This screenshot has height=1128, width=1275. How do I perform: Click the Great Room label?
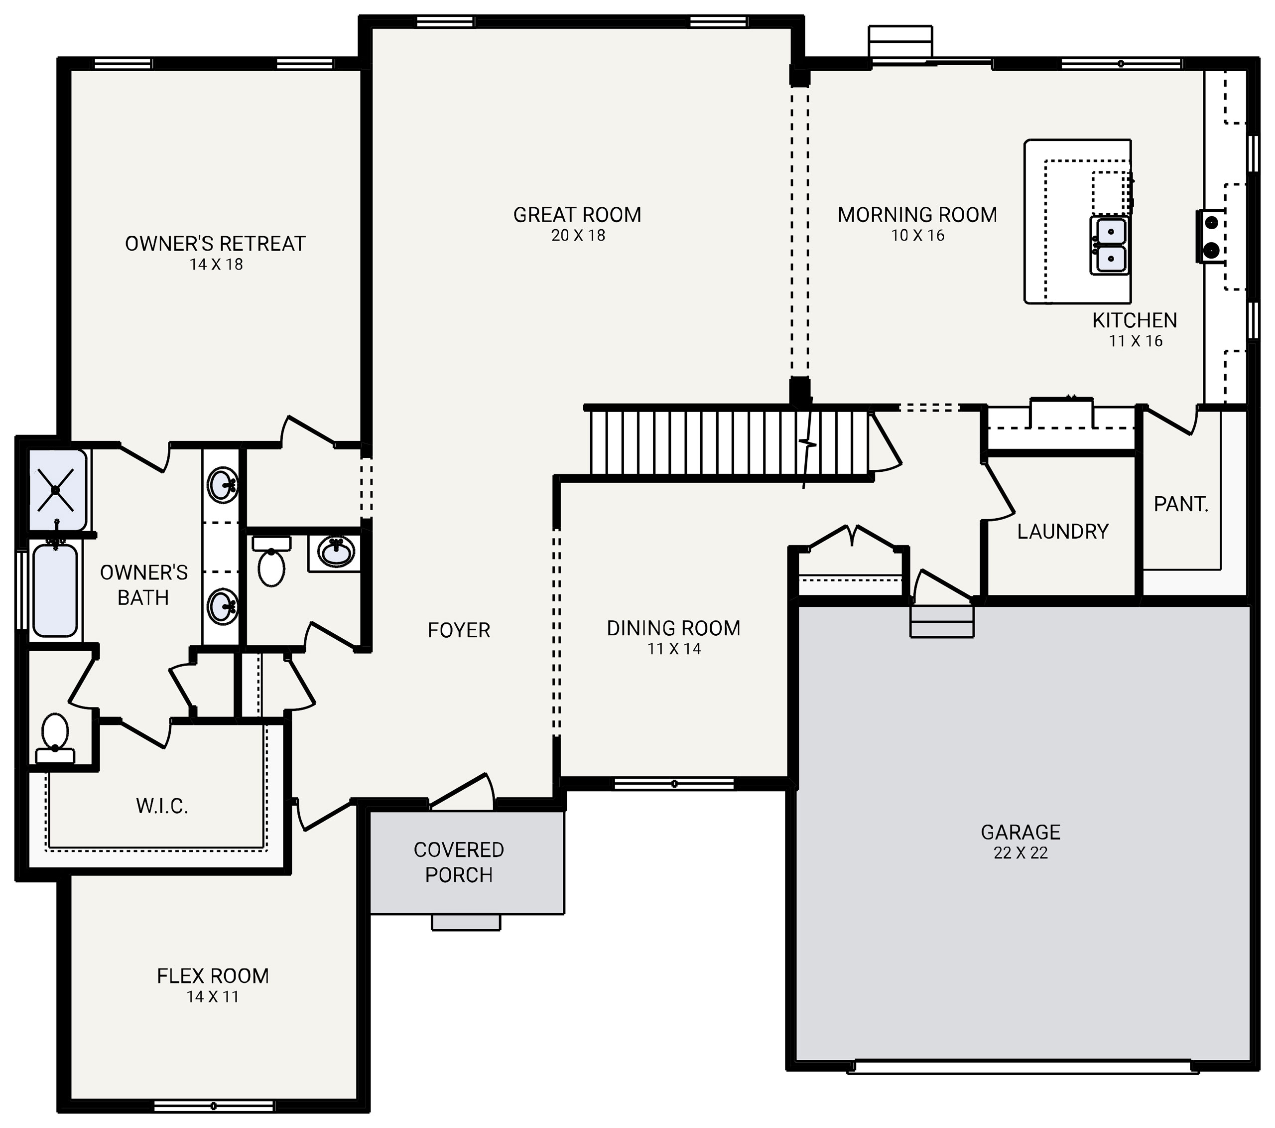pyautogui.click(x=577, y=215)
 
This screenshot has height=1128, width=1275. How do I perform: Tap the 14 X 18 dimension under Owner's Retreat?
pyautogui.click(x=216, y=265)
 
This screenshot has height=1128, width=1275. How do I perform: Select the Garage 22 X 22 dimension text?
pyautogui.click(x=1020, y=853)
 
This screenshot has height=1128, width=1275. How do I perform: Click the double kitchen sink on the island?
pyautogui.click(x=1109, y=245)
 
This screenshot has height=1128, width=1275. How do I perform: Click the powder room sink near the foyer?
pyautogui.click(x=336, y=552)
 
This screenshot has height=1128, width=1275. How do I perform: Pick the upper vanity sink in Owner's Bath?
pyautogui.click(x=222, y=485)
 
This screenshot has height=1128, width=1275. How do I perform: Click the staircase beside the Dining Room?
pyautogui.click(x=724, y=442)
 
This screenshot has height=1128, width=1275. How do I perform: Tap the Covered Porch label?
pyautogui.click(x=459, y=862)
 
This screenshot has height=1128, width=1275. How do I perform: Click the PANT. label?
pyautogui.click(x=1181, y=504)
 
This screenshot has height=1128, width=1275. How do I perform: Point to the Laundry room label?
pyautogui.click(x=1062, y=532)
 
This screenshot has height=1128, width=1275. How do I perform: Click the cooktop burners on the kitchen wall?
pyautogui.click(x=1210, y=236)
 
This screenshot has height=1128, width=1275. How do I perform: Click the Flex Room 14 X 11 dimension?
pyautogui.click(x=213, y=997)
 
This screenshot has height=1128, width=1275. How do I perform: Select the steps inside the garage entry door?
pyautogui.click(x=941, y=621)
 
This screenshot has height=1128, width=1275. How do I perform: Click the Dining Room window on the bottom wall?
pyautogui.click(x=674, y=784)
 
